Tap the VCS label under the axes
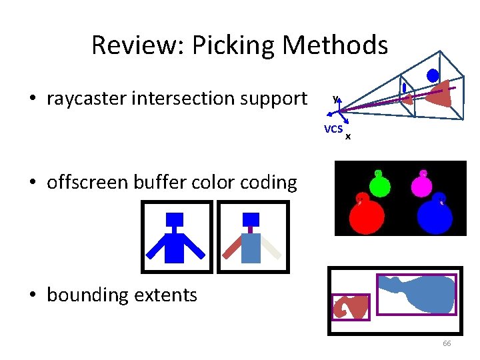click(333, 129)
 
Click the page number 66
click(447, 343)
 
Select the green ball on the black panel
click(379, 185)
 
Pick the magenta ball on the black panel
click(423, 185)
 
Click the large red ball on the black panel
click(367, 215)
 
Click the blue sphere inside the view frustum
click(433, 75)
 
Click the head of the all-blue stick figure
click(175, 219)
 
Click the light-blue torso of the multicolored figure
click(251, 247)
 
